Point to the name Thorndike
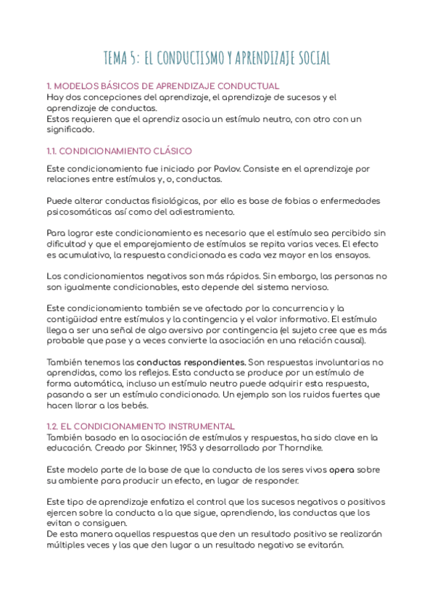point(303,447)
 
